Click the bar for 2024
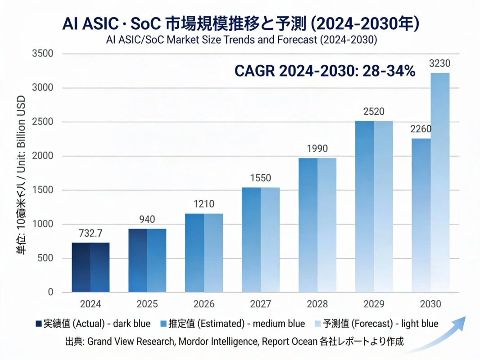pyautogui.click(x=91, y=267)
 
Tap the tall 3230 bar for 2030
pyautogui.click(x=440, y=182)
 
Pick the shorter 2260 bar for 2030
pyautogui.click(x=421, y=215)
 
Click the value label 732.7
pyautogui.click(x=91, y=234)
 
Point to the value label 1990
pyautogui.click(x=317, y=149)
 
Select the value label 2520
pyautogui.click(x=374, y=112)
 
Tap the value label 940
pyautogui.click(x=147, y=220)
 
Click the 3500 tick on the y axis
pyautogui.click(x=43, y=54)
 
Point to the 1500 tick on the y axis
pyautogui.click(x=43, y=190)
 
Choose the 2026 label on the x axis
pyautogui.click(x=204, y=304)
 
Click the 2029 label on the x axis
pyautogui.click(x=374, y=304)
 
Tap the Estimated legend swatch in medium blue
pyautogui.click(x=163, y=324)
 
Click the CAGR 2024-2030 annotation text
pyautogui.click(x=325, y=71)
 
